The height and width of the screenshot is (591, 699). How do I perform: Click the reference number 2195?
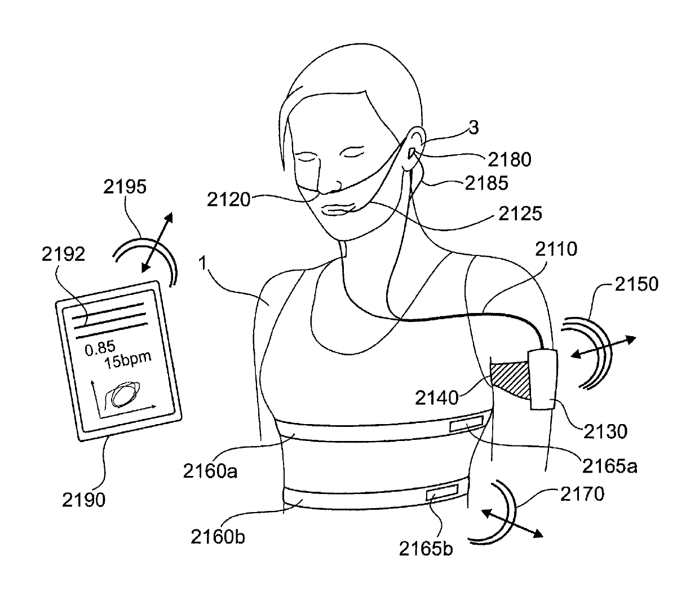[125, 187]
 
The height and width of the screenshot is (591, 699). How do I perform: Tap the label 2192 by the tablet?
[63, 255]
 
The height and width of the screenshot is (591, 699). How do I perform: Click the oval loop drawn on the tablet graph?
[127, 394]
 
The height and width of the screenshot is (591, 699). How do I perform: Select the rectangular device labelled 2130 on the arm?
[542, 379]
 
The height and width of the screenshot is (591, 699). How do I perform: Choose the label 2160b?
[217, 536]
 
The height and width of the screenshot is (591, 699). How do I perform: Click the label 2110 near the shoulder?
[555, 249]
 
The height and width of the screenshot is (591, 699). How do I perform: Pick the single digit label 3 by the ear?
[474, 128]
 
